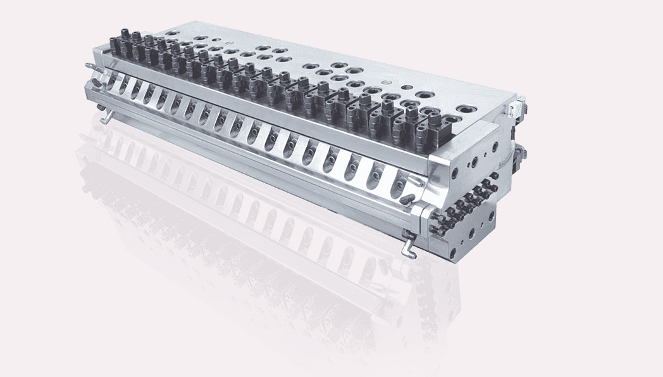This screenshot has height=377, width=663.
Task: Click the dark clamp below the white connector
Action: pos(520,152)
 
